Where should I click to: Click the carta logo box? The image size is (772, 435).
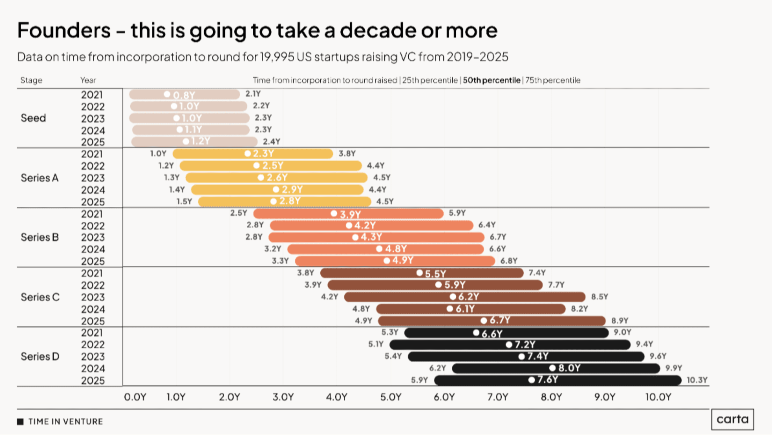(x=732, y=419)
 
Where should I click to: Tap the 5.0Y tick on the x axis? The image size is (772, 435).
(x=390, y=397)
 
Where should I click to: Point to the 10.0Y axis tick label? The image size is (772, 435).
(x=658, y=397)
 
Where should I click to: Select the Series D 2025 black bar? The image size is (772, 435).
(x=558, y=380)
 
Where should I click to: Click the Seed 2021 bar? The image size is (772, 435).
(x=184, y=94)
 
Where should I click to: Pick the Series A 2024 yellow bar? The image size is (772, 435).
(x=277, y=190)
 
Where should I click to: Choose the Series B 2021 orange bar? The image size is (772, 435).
(x=348, y=214)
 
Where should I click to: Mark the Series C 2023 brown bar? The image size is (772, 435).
(x=464, y=297)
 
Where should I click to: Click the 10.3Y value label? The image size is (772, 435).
(x=697, y=380)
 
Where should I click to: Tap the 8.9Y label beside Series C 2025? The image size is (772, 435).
(x=620, y=321)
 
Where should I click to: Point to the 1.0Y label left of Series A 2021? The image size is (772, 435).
(x=158, y=154)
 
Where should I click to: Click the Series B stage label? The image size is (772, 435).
(x=40, y=237)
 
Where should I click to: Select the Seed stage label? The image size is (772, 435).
(x=33, y=118)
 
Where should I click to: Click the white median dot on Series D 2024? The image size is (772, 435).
(x=552, y=368)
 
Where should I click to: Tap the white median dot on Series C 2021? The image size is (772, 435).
(x=419, y=273)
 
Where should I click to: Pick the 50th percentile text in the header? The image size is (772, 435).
(x=491, y=80)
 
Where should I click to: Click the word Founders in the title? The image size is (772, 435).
(x=64, y=30)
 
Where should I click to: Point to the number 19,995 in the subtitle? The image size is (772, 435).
(x=277, y=57)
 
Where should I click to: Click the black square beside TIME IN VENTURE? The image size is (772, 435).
(x=20, y=422)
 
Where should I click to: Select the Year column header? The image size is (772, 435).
(x=88, y=80)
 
